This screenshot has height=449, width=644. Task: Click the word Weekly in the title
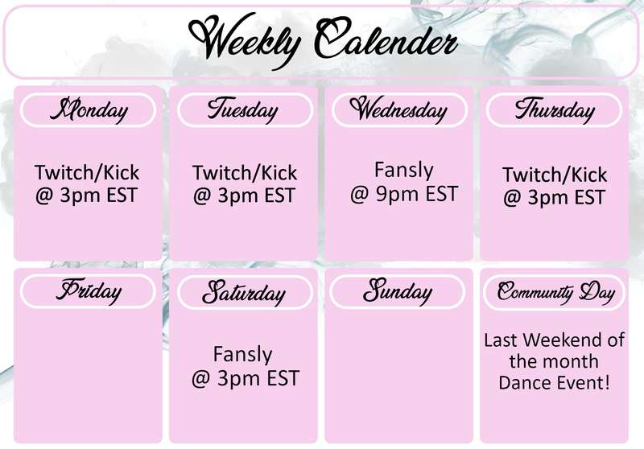246,40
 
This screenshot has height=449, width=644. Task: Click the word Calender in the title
386,39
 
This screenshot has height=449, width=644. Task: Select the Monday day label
89,110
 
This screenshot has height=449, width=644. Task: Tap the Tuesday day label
243,110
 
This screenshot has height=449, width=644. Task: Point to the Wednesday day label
398,110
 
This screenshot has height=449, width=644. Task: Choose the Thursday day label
555,110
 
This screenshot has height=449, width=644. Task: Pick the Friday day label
89,291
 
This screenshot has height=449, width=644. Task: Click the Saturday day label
244,292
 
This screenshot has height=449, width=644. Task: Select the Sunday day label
398,291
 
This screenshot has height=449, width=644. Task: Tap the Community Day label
555,292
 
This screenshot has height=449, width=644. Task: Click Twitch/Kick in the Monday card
87,172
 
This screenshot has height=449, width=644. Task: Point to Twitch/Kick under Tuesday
245,173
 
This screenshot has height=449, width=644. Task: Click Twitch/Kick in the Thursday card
555,175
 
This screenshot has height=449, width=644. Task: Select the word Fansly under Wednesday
404,171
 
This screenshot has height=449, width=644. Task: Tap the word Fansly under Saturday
243,355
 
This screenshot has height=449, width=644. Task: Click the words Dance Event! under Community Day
555,383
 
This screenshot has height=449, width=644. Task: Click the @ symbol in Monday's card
44,196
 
